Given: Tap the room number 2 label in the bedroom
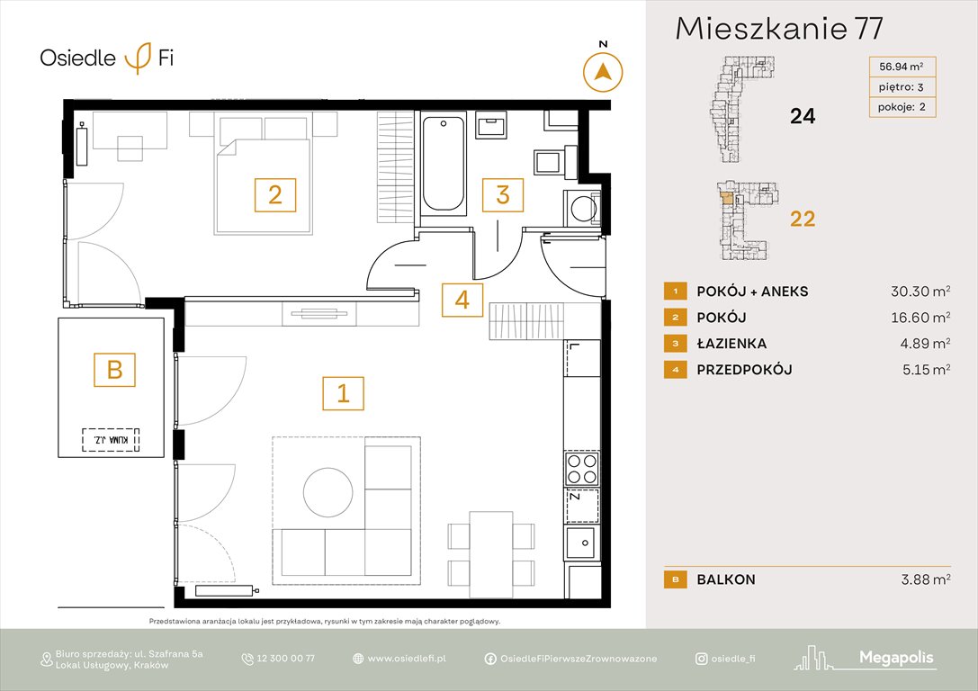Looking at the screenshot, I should [275, 194].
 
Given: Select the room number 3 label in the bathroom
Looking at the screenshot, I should [503, 194].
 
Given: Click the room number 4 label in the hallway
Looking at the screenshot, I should [462, 300].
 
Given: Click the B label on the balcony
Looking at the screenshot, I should [114, 368].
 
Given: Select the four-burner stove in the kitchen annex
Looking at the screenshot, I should [582, 468].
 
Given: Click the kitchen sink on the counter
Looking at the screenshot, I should [582, 542].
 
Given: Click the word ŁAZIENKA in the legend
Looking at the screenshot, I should [731, 344].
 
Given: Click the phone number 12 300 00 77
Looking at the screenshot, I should [286, 659].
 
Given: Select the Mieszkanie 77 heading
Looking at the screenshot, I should [778, 29].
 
